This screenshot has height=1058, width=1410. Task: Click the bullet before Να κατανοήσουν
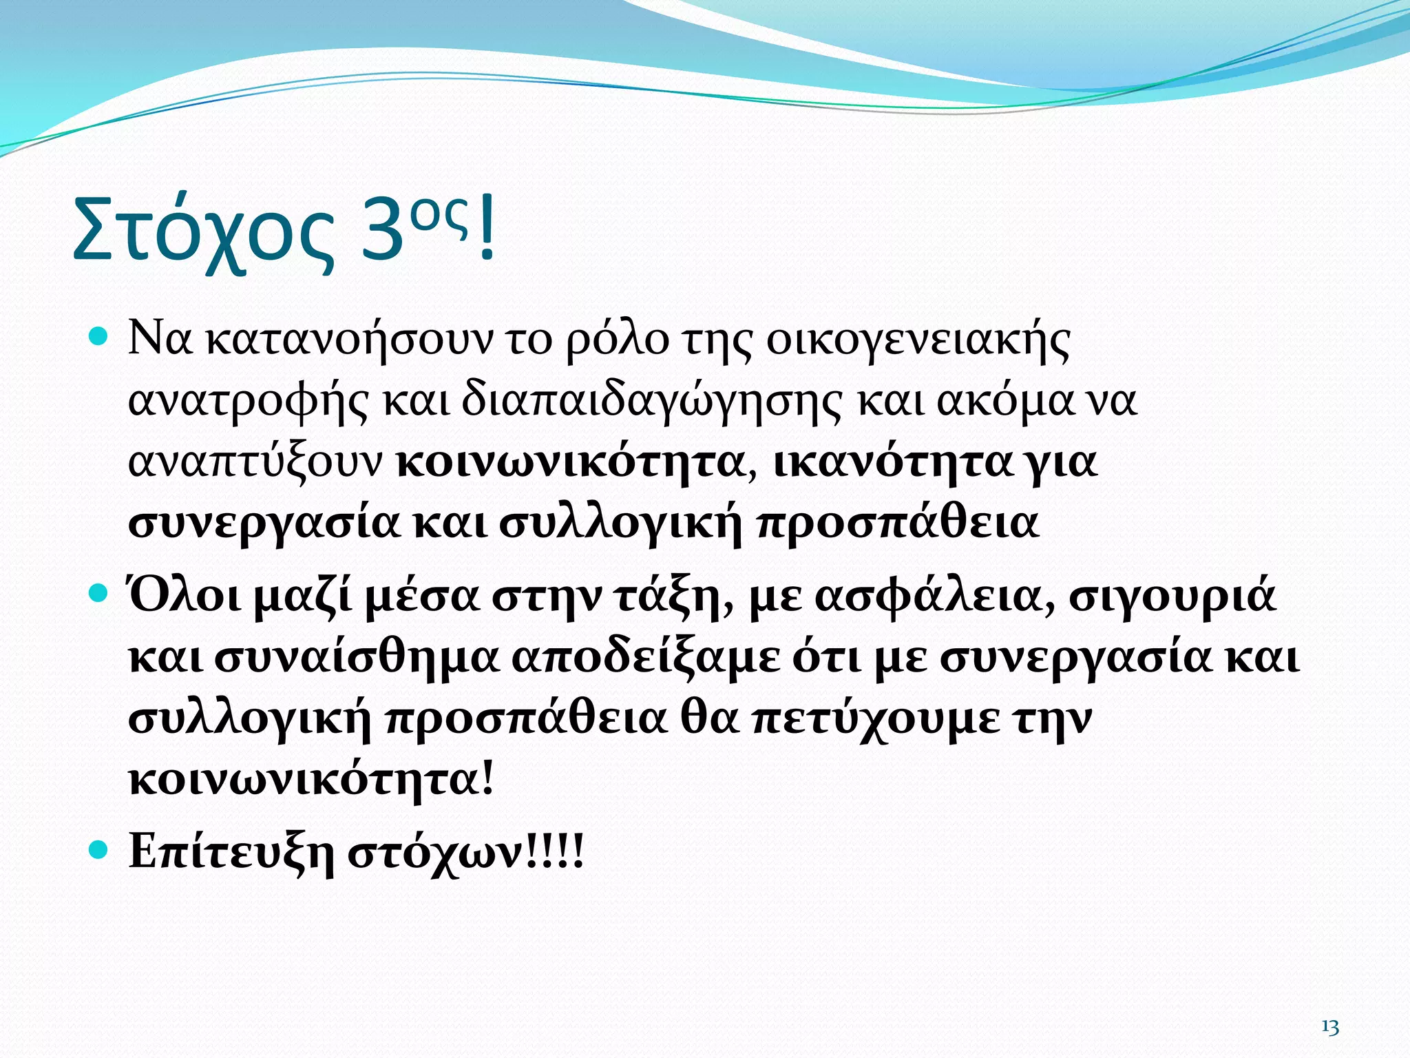(100, 337)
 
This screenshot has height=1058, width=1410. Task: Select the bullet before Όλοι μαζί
(100, 593)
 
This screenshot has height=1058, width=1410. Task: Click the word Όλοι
(185, 595)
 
